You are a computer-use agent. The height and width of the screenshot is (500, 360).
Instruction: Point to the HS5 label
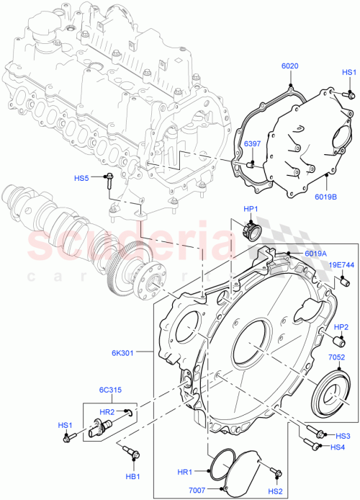click(x=81, y=178)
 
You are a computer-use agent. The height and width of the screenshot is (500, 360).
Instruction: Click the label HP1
click(x=251, y=210)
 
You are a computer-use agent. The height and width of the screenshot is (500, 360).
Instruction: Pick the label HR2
click(x=107, y=411)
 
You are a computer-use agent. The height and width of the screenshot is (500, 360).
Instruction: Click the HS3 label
click(x=343, y=436)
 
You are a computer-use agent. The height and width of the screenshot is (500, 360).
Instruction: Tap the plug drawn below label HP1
click(x=251, y=232)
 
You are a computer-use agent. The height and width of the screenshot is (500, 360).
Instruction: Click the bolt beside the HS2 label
click(x=276, y=472)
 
